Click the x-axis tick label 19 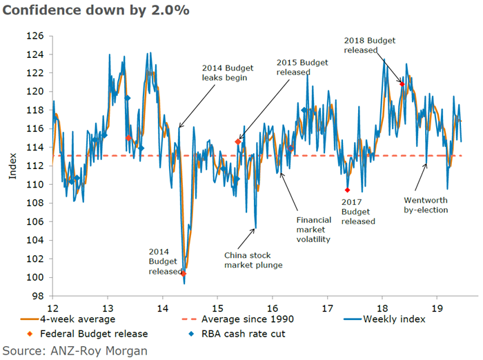point(437,308)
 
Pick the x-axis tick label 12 point(52,308)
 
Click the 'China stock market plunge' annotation point(253,259)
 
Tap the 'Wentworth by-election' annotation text point(426,205)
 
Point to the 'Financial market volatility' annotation point(313,230)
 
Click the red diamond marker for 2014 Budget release point(184,274)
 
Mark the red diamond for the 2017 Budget point(348,190)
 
